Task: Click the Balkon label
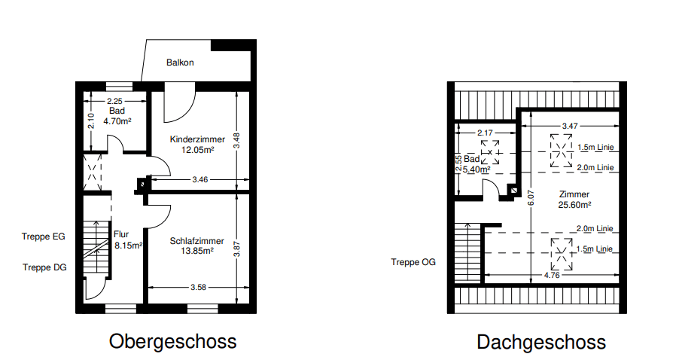tap(181, 63)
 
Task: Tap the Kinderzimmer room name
tap(197, 139)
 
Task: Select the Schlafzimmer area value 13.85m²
tap(197, 251)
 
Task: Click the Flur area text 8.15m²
tap(127, 245)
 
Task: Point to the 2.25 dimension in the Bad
tap(114, 101)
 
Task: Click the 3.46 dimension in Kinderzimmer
tap(199, 180)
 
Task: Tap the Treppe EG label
tap(44, 236)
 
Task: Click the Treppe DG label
tap(44, 267)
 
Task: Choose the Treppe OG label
tap(413, 262)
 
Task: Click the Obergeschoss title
tap(172, 341)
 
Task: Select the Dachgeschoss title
tap(541, 342)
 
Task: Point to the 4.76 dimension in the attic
tap(553, 276)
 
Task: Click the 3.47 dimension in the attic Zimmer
tap(570, 124)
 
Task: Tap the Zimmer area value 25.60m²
tap(574, 204)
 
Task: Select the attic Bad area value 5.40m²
tap(474, 169)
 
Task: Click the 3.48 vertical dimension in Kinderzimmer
tap(238, 139)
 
